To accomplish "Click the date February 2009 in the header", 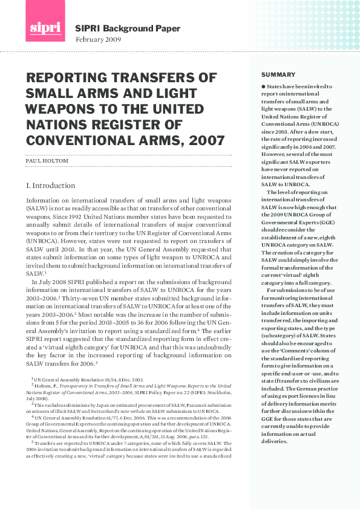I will [98, 39].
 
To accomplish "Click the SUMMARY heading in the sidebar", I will [270, 74].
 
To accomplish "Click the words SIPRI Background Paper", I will [119, 28].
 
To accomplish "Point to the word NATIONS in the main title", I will [54, 125].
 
